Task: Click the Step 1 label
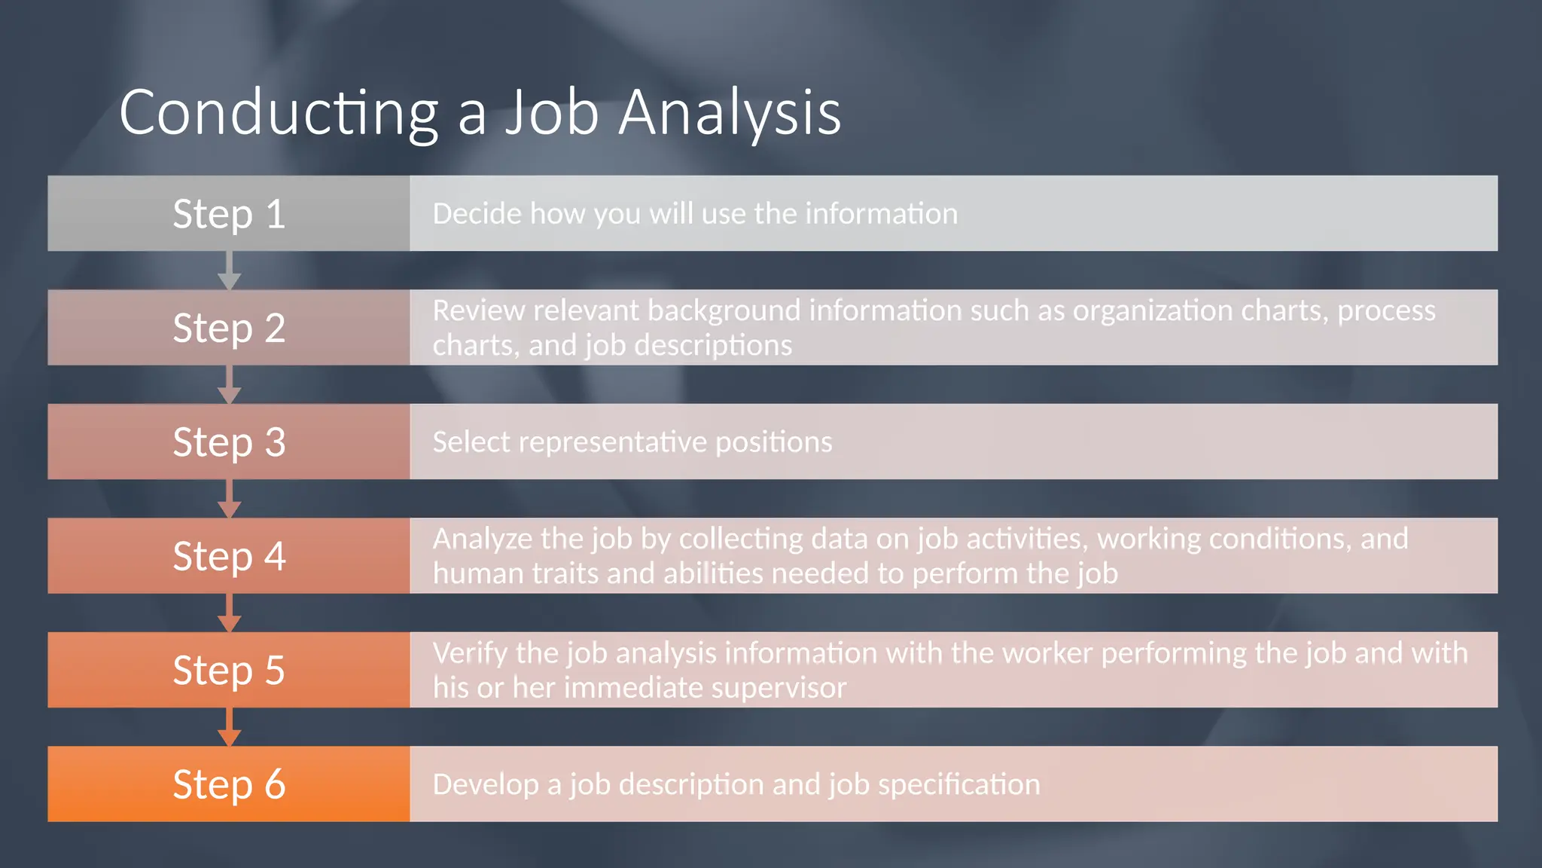click(229, 214)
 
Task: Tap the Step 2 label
click(229, 328)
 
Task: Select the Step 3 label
click(229, 442)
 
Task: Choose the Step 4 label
click(229, 556)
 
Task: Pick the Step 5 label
click(229, 670)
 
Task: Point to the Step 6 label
click(229, 784)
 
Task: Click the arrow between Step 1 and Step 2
click(229, 271)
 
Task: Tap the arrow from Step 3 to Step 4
click(229, 500)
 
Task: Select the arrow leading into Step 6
click(229, 728)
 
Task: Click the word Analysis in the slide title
click(729, 113)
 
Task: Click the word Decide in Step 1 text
click(477, 214)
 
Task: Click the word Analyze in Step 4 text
click(482, 539)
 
